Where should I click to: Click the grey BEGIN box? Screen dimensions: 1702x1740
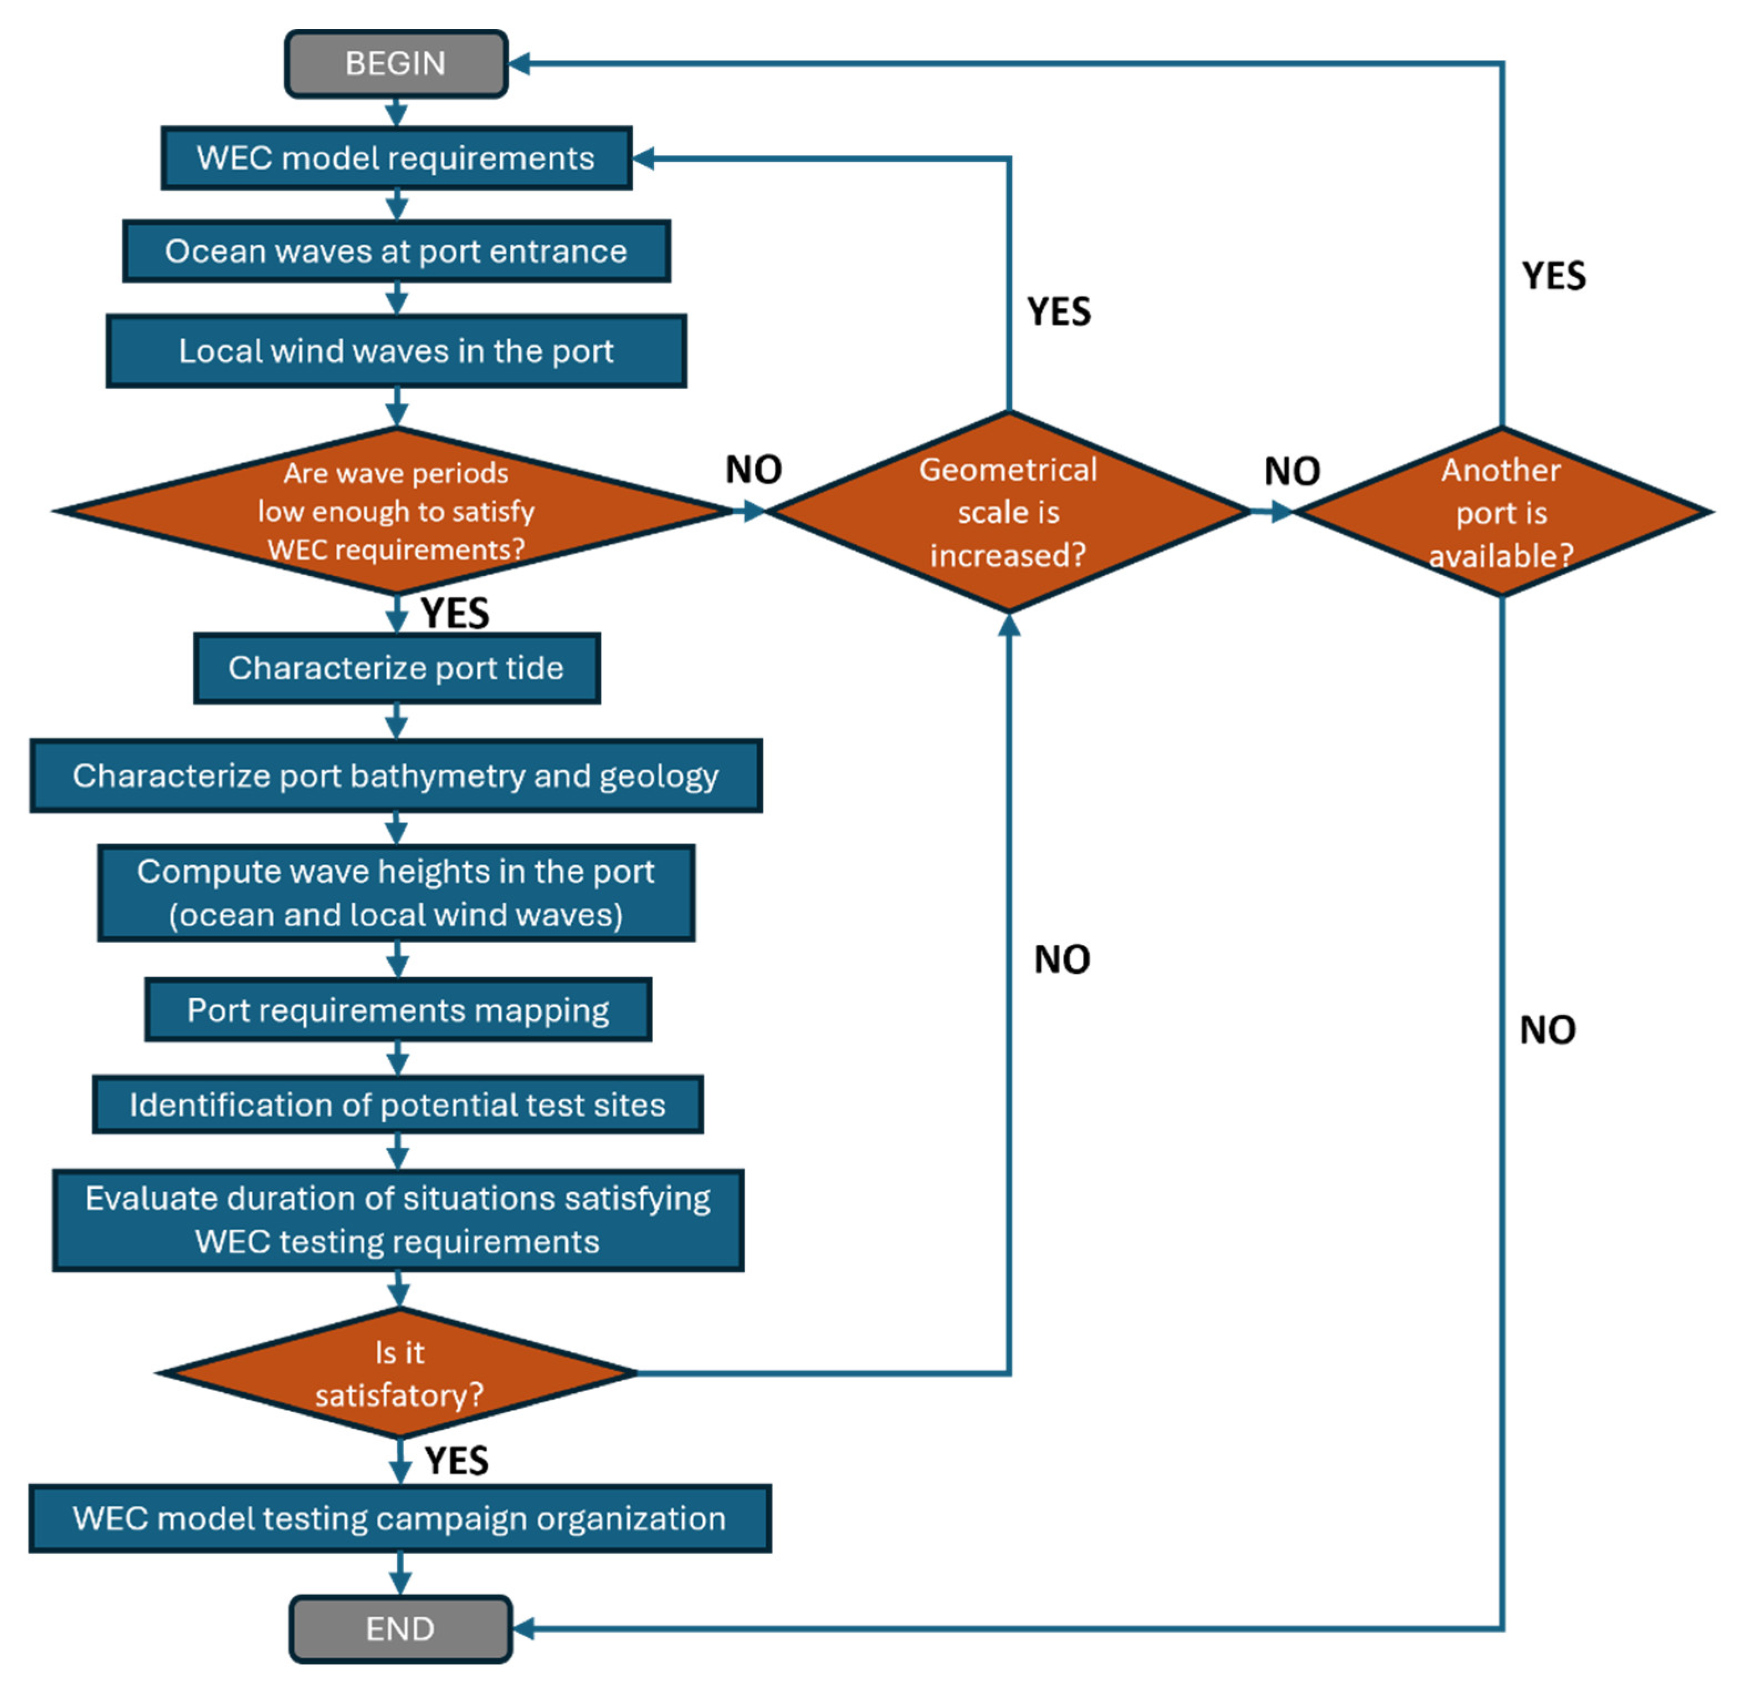[x=396, y=64]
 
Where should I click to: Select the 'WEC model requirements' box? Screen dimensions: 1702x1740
[x=396, y=158]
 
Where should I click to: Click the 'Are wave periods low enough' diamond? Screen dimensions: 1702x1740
[x=396, y=510]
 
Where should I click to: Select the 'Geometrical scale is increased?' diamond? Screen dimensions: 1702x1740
[x=1008, y=512]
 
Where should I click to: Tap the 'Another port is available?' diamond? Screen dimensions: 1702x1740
[x=1501, y=512]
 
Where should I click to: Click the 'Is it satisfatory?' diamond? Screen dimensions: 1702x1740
[x=399, y=1373]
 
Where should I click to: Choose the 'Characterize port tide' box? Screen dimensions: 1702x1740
[x=396, y=668]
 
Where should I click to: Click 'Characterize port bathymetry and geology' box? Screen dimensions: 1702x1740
[x=396, y=776]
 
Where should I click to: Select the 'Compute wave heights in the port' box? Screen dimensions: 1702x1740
[x=396, y=893]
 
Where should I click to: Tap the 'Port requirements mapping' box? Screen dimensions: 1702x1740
[x=398, y=1010]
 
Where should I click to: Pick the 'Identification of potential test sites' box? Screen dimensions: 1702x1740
[x=398, y=1105]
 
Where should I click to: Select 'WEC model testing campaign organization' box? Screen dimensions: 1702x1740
[x=399, y=1519]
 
